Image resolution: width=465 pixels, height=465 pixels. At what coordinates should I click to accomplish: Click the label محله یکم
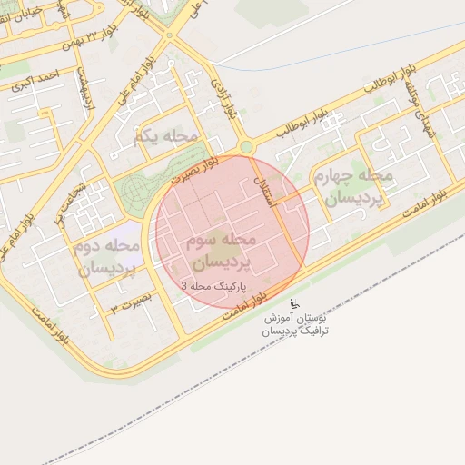pos(164,136)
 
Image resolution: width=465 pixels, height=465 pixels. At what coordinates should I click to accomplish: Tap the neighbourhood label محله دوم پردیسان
pos(107,257)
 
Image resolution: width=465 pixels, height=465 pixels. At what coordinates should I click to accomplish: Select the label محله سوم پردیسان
pos(222,252)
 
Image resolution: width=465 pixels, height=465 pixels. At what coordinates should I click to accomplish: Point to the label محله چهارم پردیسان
pos(350,185)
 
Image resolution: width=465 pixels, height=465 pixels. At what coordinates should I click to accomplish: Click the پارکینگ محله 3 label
pos(217,286)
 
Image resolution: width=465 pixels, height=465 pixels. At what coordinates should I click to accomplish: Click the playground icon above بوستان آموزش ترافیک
pos(292,303)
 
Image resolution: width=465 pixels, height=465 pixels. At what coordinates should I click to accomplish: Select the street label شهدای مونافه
pos(420,114)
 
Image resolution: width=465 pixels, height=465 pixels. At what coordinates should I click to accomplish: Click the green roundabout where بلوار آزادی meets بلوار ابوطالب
pos(245,147)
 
